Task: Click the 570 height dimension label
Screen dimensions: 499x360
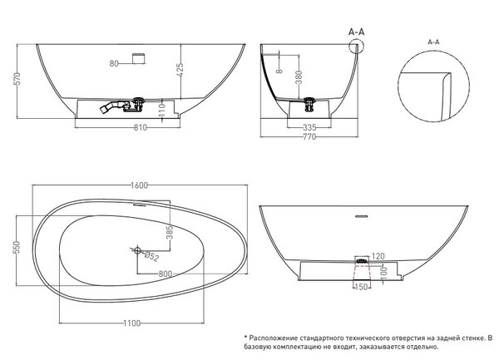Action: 17,78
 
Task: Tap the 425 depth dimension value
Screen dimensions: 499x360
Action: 180,69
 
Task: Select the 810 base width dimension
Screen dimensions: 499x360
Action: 141,127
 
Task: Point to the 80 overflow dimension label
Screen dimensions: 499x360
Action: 114,63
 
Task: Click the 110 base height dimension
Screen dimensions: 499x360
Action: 162,110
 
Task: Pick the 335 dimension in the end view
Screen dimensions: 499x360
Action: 309,128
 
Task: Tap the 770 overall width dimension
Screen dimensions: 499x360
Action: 309,136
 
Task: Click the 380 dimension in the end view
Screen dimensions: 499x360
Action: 299,77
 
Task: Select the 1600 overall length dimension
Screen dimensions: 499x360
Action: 140,185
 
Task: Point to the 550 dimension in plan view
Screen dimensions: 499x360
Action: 17,248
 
